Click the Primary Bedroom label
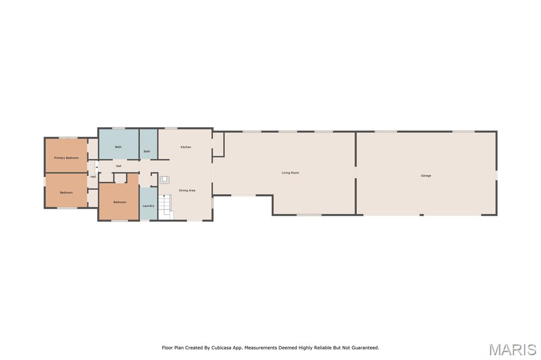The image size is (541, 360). coord(66,158)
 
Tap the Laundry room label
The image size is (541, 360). coord(148,206)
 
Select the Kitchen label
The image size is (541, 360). coord(185,147)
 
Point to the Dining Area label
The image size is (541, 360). coord(187,191)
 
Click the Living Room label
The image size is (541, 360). coord(290,173)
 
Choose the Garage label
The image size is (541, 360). coord(426,176)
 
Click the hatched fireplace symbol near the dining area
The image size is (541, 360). coord(164,180)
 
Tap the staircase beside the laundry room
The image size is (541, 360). coord(165,207)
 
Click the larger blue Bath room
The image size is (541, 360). coord(119,144)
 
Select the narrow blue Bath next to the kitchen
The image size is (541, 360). coord(148,144)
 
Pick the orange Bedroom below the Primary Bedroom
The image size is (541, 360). coord(66,191)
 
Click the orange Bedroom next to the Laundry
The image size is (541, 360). coord(119,202)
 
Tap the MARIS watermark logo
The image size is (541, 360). coord(512,349)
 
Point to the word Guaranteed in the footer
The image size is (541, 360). coord(366,347)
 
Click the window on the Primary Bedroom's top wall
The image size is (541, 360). coord(68,138)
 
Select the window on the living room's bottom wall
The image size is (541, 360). coord(309,215)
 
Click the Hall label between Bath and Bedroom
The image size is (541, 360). coord(118,166)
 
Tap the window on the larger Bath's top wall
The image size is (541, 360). coord(118,128)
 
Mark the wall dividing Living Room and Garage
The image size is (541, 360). coord(356,173)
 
